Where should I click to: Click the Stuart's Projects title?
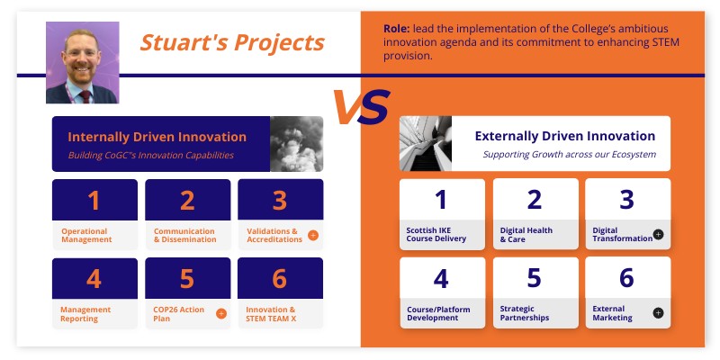[x=232, y=42]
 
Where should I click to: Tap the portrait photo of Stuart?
[x=82, y=62]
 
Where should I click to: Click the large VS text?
[x=360, y=107]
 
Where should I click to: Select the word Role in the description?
[x=399, y=28]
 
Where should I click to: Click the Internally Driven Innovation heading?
[x=157, y=137]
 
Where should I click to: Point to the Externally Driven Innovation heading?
[x=565, y=136]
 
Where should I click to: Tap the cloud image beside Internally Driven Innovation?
[x=296, y=144]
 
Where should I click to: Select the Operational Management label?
[x=86, y=236]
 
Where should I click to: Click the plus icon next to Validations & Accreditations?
[x=313, y=235]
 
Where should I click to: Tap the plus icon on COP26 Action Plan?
[x=221, y=314]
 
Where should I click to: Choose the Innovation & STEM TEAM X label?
[x=271, y=314]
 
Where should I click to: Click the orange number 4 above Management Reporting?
[x=94, y=279]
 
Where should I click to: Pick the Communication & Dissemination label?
[x=184, y=236]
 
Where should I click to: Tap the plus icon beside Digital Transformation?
[x=658, y=234]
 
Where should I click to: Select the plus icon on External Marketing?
[x=658, y=313]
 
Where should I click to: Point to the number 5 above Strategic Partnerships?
[x=535, y=278]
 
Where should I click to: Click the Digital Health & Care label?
[x=526, y=235]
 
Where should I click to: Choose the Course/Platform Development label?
[x=438, y=314]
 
